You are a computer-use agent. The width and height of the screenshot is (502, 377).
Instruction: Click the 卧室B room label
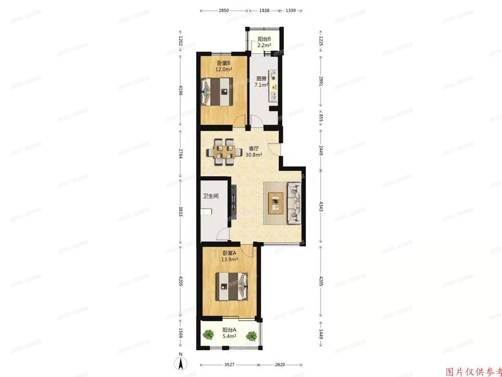[x=223, y=63]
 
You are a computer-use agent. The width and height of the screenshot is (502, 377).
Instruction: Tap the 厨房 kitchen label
[x=261, y=79]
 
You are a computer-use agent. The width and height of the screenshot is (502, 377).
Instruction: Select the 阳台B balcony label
[x=264, y=39]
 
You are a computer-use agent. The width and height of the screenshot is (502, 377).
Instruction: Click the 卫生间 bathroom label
[x=211, y=196]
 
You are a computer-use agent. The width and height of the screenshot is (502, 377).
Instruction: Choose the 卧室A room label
[x=229, y=253]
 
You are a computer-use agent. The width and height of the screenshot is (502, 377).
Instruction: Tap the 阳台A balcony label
[x=229, y=330]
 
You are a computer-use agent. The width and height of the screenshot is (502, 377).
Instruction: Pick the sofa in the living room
[x=294, y=203]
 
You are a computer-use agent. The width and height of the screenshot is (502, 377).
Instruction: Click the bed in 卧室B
[x=217, y=91]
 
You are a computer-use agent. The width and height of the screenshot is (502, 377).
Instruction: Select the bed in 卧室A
[x=233, y=286]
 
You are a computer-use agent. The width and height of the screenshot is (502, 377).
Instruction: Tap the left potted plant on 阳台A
[x=208, y=335]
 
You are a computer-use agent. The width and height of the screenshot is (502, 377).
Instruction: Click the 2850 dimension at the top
[x=224, y=10]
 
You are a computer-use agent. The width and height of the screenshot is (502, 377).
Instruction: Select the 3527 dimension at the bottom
[x=229, y=364]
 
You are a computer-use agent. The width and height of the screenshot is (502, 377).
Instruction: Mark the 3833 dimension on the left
[x=181, y=213]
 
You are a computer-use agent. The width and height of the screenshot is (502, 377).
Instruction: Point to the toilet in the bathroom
[x=206, y=211]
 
